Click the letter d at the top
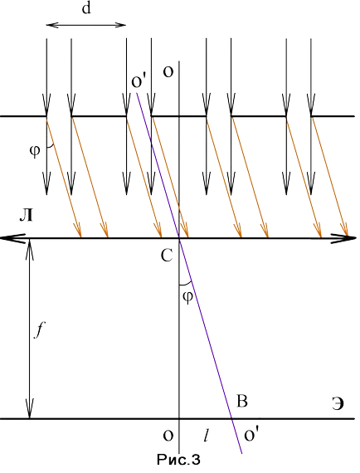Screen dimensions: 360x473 [86, 9]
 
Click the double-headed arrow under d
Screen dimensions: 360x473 [86, 25]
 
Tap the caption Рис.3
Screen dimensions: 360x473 [178, 460]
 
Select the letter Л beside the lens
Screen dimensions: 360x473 [26, 216]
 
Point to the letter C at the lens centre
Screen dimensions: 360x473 [167, 256]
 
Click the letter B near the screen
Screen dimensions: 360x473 [242, 402]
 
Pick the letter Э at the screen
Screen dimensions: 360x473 [338, 404]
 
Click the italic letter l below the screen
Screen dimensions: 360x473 [207, 436]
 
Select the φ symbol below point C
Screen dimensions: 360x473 [187, 297]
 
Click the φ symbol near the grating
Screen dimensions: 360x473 [35, 151]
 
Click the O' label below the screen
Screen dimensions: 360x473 [251, 436]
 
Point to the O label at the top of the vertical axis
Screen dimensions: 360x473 [168, 72]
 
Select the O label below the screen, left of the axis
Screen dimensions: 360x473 [168, 436]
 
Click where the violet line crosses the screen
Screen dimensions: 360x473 [231, 419]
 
